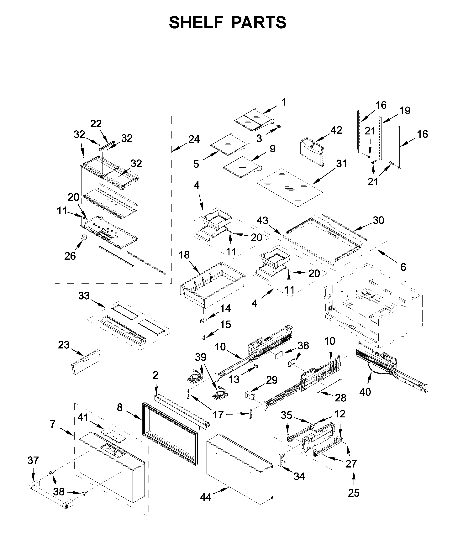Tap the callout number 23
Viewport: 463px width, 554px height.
(64, 345)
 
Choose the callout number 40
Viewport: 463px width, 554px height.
(365, 392)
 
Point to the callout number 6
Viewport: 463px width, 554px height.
(403, 267)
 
